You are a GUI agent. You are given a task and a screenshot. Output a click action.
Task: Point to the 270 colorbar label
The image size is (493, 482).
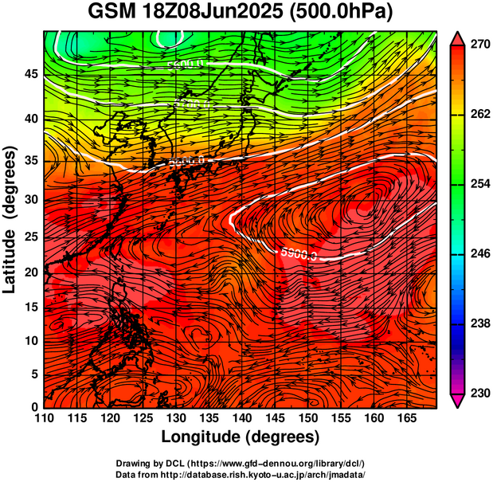pos(478,46)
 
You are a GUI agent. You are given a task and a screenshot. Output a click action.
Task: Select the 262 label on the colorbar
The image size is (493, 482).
pos(478,116)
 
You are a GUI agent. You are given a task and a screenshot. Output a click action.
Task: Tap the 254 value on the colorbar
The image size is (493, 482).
pos(478,185)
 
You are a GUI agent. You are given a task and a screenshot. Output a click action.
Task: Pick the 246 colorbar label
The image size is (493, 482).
pos(478,254)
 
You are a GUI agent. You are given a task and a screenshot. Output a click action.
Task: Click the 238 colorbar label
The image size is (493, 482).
pos(478,323)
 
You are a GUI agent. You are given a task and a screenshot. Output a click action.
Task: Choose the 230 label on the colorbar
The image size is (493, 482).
pos(478,393)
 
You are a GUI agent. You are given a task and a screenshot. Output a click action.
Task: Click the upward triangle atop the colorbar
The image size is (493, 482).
pos(457,37)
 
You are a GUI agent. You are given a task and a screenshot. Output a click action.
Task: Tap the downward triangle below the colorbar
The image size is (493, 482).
pos(457,402)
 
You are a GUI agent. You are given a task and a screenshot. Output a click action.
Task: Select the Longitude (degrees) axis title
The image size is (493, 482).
pos(241,437)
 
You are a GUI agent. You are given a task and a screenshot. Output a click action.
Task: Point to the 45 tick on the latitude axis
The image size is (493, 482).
pos(31,74)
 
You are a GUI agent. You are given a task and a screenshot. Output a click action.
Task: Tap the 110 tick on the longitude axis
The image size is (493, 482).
pos(44,418)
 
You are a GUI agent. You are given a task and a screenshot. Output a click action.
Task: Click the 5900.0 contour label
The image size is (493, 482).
pos(299,254)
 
